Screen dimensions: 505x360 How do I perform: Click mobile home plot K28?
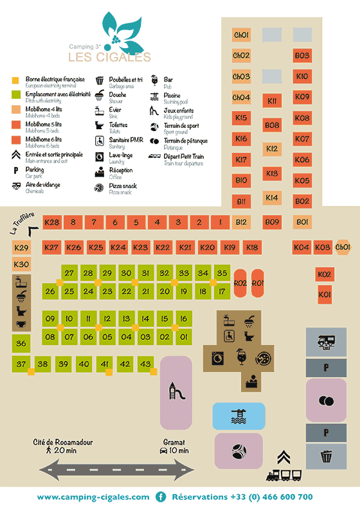pos(51,222)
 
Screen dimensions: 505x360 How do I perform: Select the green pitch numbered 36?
pos(21,344)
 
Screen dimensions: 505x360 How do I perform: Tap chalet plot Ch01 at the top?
pos(241,35)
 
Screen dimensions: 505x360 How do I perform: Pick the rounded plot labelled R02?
pos(240,283)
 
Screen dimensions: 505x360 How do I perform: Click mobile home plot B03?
pos(302,56)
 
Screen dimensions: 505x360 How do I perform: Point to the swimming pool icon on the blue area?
pos(238,416)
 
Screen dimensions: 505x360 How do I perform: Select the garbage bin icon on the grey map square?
pos(327,457)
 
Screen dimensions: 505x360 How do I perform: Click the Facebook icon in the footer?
pos(161,497)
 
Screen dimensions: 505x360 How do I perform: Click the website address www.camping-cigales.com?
pos(93,497)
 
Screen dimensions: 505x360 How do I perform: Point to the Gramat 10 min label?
pos(174,446)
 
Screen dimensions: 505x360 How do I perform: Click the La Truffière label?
pos(21,224)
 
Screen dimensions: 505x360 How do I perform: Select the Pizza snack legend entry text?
pos(124,186)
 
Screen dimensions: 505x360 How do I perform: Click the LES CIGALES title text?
pos(110,57)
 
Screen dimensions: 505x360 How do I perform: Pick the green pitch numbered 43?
pos(145,364)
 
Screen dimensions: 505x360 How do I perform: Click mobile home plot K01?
pos(325,295)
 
